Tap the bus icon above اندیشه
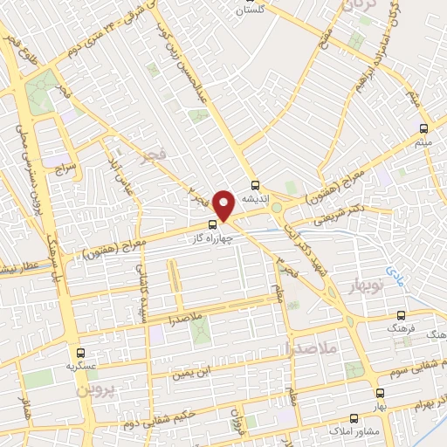pyautogui.click(x=255, y=185)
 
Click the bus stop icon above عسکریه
pyautogui.click(x=80, y=354)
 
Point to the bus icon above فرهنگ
pyautogui.click(x=401, y=315)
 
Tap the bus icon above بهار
pyautogui.click(x=380, y=393)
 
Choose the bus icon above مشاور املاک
pyautogui.click(x=354, y=418)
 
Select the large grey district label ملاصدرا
pyautogui.click(x=311, y=347)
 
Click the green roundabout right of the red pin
pyautogui.click(x=277, y=208)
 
